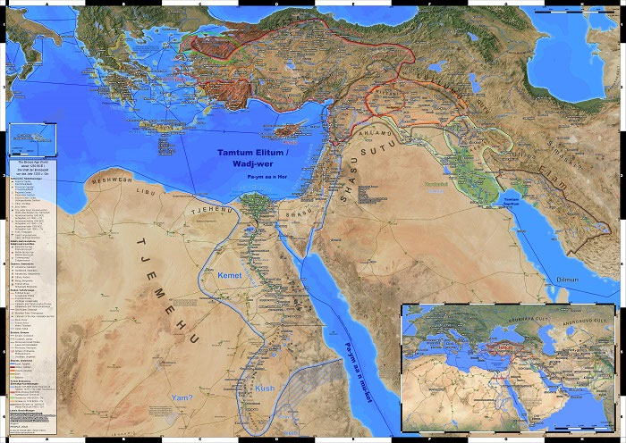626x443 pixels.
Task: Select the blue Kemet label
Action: [x=230, y=275]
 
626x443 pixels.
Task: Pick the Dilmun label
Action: [x=571, y=279]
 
